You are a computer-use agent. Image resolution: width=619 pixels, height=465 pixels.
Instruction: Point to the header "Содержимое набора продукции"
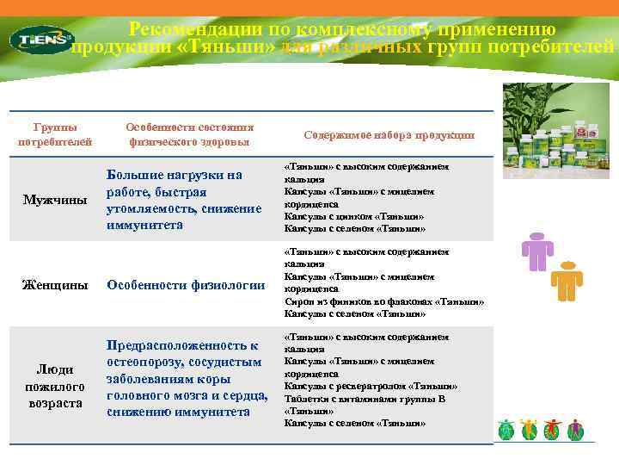click(x=389, y=134)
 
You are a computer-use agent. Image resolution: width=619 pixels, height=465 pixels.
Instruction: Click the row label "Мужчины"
click(x=55, y=200)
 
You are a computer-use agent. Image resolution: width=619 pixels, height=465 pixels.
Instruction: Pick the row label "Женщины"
click(x=55, y=285)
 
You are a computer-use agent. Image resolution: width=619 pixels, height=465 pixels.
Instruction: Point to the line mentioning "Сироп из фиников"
click(x=384, y=301)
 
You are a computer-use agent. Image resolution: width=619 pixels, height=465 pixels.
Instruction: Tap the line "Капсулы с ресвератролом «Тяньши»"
click(x=371, y=386)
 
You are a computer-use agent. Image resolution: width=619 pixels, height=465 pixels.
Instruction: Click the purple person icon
click(x=537, y=251)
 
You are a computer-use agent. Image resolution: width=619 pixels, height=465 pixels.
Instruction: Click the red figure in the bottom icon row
click(x=552, y=429)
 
